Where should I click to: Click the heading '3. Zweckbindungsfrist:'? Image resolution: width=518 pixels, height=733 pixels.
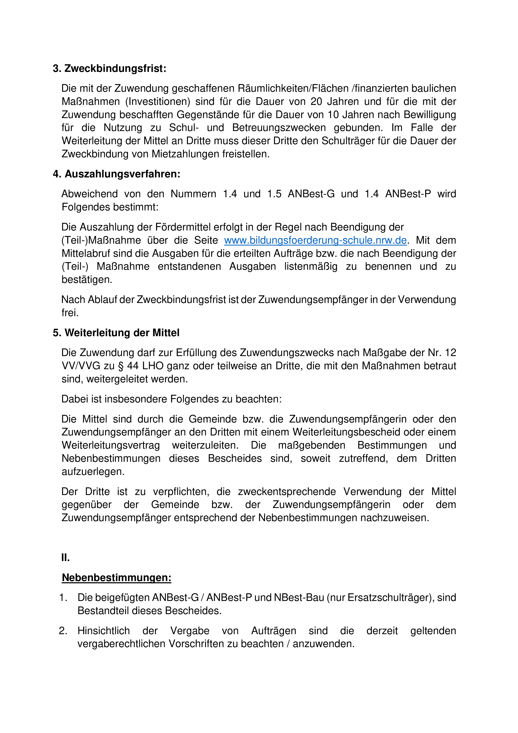click(109, 69)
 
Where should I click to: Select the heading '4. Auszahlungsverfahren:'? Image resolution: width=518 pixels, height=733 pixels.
click(117, 174)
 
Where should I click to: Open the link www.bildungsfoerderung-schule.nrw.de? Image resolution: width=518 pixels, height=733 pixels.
click(315, 240)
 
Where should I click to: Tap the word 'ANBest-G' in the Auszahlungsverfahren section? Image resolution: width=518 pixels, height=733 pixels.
click(311, 194)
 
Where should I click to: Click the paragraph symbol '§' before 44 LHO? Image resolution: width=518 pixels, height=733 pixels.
click(120, 366)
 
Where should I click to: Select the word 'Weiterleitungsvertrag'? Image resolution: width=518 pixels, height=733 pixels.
click(111, 445)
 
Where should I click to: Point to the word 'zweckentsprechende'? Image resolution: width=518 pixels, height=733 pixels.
click(287, 492)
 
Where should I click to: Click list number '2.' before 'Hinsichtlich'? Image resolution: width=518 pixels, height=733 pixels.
click(63, 631)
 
